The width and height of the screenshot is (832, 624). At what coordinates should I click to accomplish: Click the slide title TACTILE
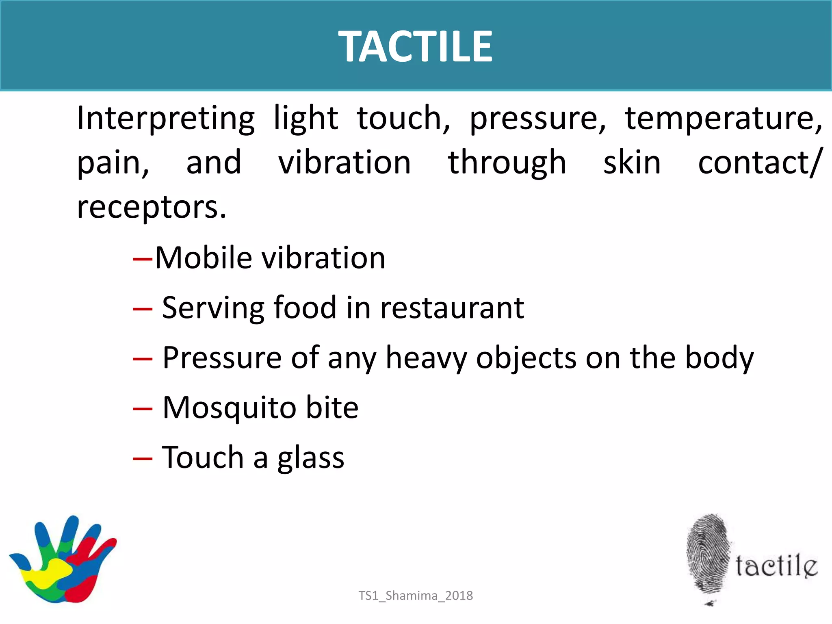[x=415, y=47]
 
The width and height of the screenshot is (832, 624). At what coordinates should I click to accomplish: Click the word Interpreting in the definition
[x=166, y=119]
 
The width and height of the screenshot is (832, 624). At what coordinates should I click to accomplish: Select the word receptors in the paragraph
[x=151, y=207]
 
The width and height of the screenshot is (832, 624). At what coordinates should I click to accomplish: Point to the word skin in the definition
[x=632, y=162]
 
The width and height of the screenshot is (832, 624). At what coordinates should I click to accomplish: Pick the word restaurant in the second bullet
[x=452, y=308]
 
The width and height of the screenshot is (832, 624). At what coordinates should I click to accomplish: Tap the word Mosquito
[x=229, y=408]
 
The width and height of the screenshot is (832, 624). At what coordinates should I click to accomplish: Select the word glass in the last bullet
[x=311, y=458]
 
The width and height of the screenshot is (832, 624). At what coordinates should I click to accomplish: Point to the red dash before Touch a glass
[x=143, y=459]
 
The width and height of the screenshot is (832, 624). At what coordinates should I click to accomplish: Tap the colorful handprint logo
[x=63, y=559]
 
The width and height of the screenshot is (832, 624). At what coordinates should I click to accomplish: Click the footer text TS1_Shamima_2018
[x=416, y=596]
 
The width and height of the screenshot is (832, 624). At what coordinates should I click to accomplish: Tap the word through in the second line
[x=507, y=162]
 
